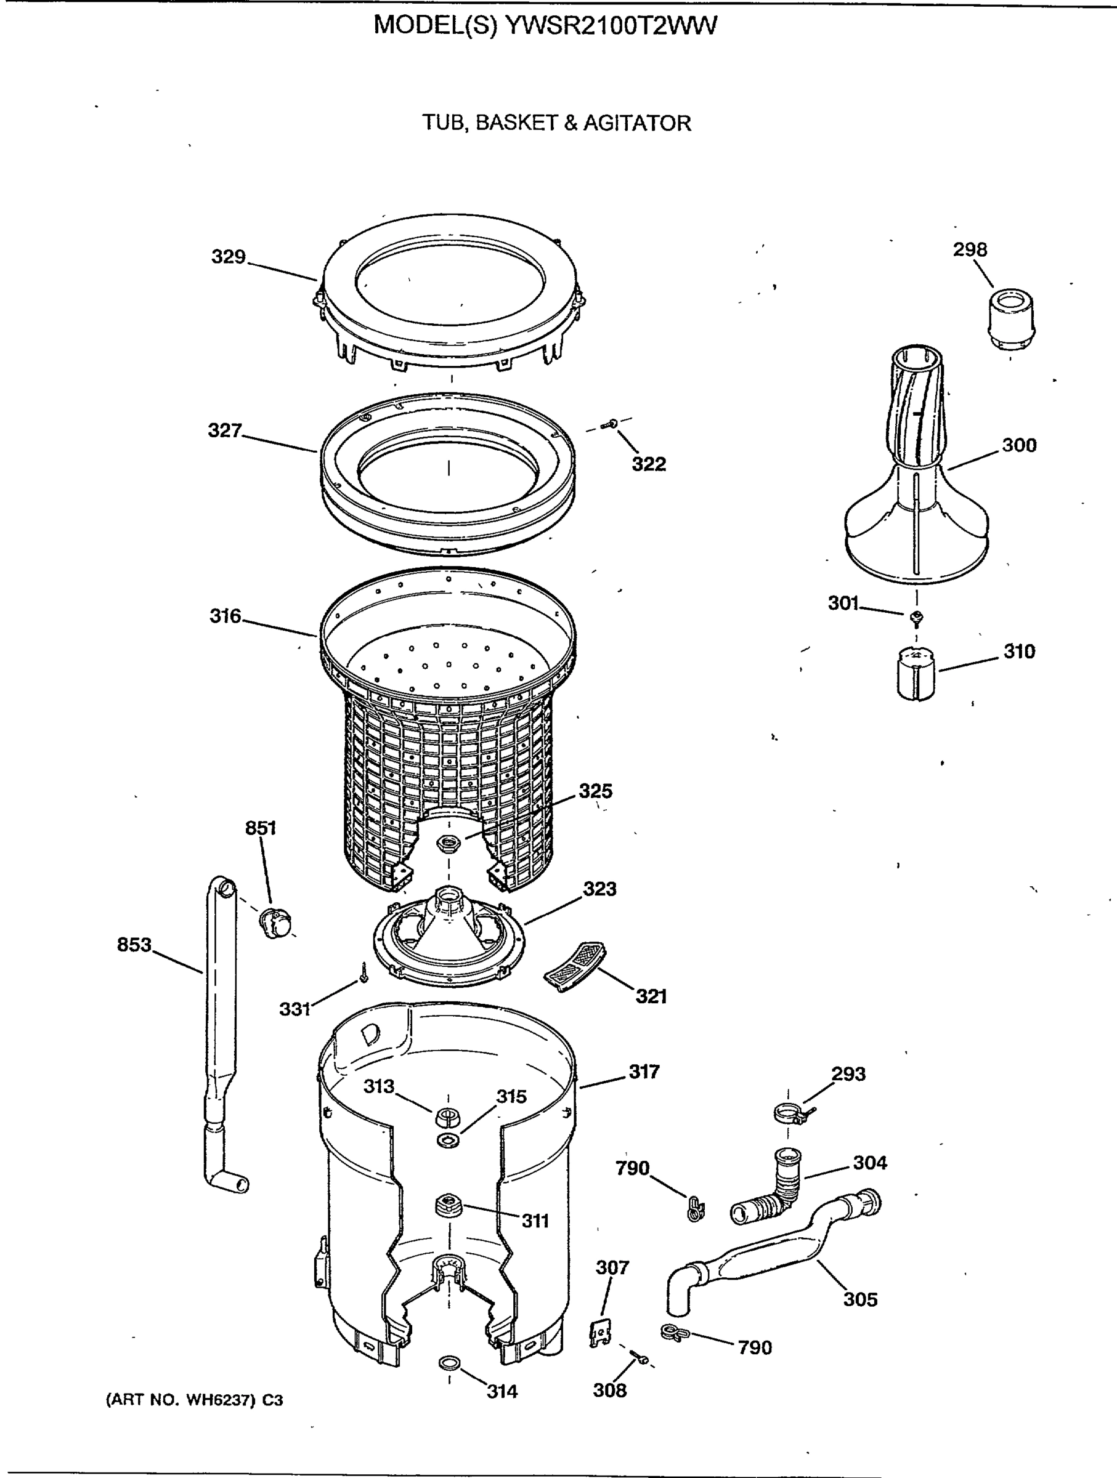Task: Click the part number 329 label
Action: (x=228, y=257)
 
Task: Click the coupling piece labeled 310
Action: (x=915, y=673)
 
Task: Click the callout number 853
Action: (x=134, y=945)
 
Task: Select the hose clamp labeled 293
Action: (x=789, y=1113)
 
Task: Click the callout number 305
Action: (x=859, y=1299)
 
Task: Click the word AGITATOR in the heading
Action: (x=637, y=123)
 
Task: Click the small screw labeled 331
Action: (x=364, y=972)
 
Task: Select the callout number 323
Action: (x=599, y=889)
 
